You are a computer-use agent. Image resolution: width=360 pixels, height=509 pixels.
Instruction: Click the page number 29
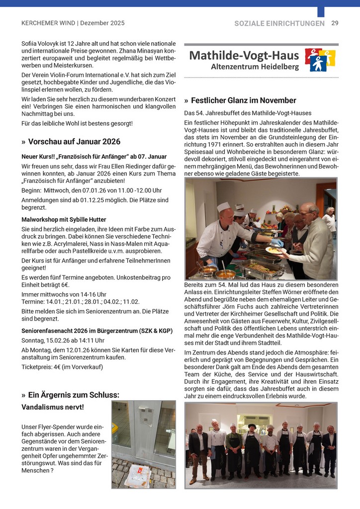click(x=335, y=23)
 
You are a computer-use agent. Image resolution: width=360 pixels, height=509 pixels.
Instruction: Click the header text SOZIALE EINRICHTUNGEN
click(x=279, y=23)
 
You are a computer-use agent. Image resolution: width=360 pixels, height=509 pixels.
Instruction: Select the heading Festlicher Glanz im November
click(x=243, y=100)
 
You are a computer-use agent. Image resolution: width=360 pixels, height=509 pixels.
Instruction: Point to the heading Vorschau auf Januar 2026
click(x=74, y=142)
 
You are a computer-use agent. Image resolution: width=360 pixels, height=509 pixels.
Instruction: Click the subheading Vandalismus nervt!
click(x=53, y=407)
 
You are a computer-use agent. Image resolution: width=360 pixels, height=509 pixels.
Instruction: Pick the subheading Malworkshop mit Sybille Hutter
click(x=64, y=219)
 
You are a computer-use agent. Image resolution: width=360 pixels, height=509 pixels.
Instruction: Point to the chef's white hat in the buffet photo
click(x=224, y=207)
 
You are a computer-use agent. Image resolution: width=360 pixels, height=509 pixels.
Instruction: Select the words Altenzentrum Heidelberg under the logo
click(x=255, y=67)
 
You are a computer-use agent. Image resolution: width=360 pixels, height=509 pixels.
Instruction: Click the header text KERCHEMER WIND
click(x=48, y=23)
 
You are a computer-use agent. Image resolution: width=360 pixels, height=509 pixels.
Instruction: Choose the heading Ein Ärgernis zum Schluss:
click(x=74, y=395)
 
